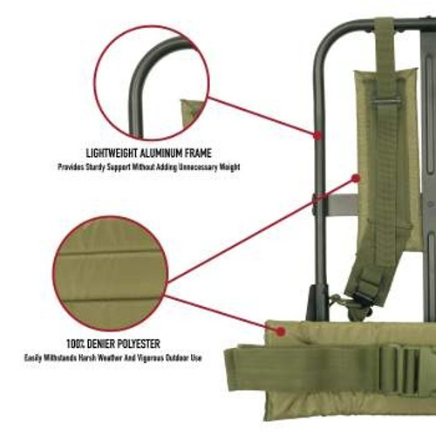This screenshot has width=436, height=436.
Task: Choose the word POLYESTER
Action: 142,344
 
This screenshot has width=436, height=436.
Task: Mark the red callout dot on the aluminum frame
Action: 319,136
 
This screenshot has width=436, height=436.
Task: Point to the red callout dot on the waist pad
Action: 281,330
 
